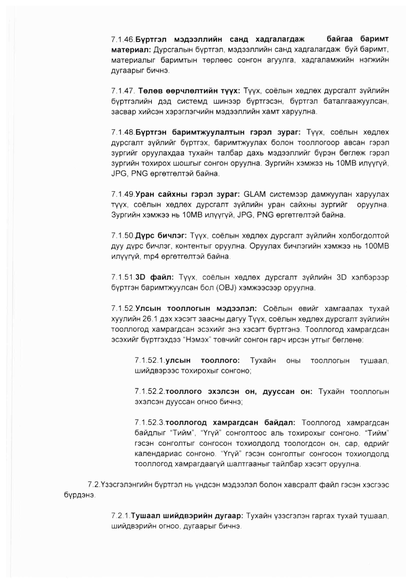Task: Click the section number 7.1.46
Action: click(123, 40)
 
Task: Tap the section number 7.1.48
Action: click(123, 132)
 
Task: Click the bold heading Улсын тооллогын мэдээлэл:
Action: click(196, 308)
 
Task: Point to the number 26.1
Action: click(152, 319)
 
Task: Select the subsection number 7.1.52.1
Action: click(150, 361)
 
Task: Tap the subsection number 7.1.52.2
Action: click(150, 391)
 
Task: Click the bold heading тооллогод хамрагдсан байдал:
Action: click(230, 423)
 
